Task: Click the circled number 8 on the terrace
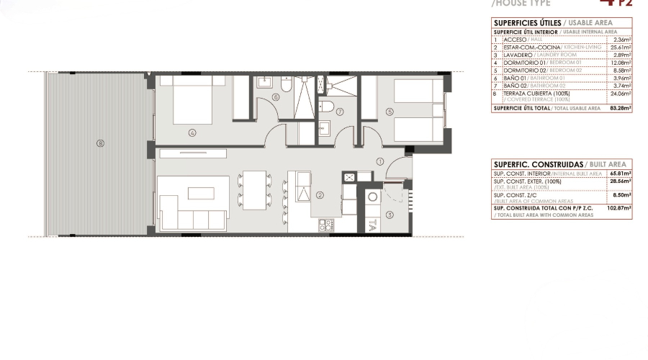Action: click(x=100, y=143)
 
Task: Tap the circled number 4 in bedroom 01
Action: click(x=193, y=132)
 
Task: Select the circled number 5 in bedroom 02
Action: click(x=390, y=112)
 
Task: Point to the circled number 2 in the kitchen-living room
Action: click(x=320, y=194)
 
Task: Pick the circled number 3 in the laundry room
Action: click(x=390, y=214)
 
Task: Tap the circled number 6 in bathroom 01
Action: click(x=275, y=98)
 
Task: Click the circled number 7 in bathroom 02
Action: click(x=340, y=112)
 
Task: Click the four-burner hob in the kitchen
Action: click(x=325, y=225)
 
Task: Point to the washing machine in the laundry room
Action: click(x=373, y=197)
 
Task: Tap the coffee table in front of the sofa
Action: click(x=199, y=192)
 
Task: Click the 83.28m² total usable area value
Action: click(x=620, y=108)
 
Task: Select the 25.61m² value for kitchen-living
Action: click(x=620, y=47)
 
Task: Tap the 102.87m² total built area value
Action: click(x=620, y=208)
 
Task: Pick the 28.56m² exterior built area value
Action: click(x=621, y=181)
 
